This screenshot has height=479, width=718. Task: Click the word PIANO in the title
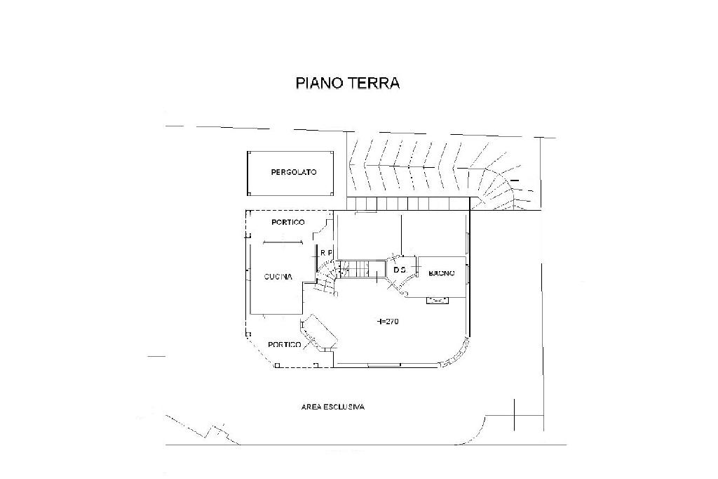(x=319, y=83)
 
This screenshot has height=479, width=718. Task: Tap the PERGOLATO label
(x=294, y=172)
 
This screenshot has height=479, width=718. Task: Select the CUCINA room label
(x=278, y=277)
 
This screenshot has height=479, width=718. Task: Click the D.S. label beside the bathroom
(x=400, y=270)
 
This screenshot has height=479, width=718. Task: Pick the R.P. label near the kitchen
(x=325, y=253)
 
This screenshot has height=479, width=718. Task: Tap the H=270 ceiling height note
(x=388, y=321)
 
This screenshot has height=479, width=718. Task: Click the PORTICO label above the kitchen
(x=287, y=223)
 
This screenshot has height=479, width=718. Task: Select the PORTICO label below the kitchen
(x=285, y=345)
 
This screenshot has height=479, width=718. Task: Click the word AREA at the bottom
(x=311, y=407)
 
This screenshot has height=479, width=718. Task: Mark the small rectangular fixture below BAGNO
(x=438, y=301)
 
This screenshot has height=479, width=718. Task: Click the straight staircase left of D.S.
(x=361, y=269)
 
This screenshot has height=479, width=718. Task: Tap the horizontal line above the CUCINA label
(x=282, y=243)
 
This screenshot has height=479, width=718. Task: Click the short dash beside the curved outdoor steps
(x=515, y=181)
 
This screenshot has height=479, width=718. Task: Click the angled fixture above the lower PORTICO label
(x=319, y=332)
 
